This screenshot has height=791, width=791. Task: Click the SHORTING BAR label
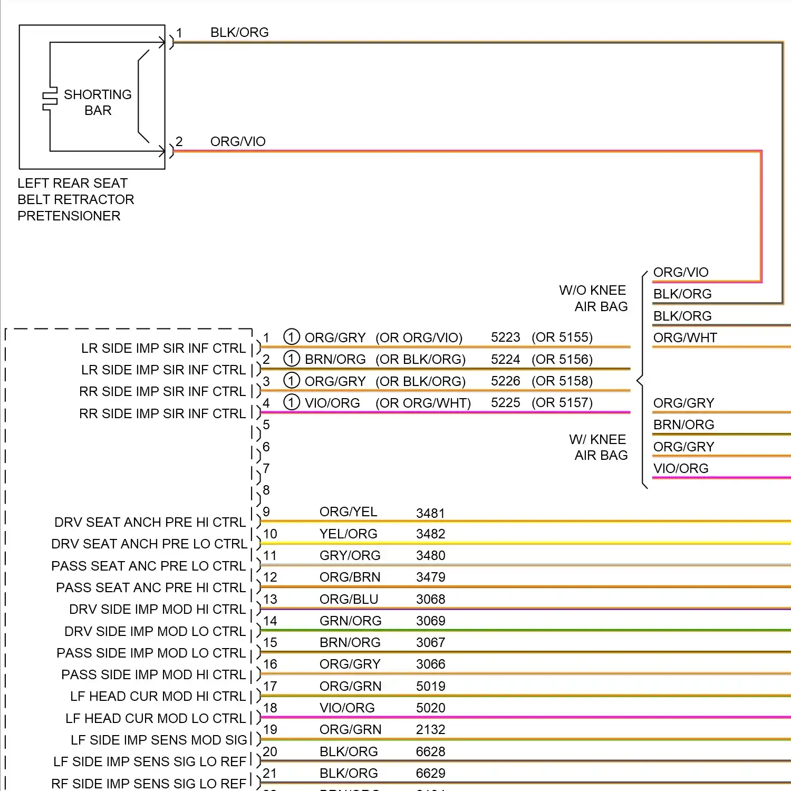98,102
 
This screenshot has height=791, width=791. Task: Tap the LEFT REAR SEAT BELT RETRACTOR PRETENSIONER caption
75,199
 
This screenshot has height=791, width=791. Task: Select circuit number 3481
430,513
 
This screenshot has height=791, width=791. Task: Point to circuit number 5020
430,708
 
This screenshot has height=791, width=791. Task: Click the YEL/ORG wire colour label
348,534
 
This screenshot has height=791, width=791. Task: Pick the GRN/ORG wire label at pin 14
350,621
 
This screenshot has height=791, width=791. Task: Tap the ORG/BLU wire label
349,599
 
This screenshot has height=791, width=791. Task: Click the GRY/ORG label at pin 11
350,555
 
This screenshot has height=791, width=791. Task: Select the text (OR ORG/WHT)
423,403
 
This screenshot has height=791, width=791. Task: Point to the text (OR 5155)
562,337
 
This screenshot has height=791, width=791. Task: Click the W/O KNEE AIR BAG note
593,298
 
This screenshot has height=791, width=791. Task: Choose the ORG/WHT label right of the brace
685,337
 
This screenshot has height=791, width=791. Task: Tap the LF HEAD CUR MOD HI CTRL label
158,696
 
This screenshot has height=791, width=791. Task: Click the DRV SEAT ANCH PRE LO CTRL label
149,544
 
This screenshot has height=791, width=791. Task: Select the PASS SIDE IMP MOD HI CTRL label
153,674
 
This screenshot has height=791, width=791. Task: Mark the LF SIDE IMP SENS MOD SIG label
159,740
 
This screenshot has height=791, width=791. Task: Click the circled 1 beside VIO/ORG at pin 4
292,402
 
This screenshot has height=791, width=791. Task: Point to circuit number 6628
430,751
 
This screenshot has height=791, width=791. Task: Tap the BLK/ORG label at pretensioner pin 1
239,32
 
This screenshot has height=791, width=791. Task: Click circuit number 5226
505,381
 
